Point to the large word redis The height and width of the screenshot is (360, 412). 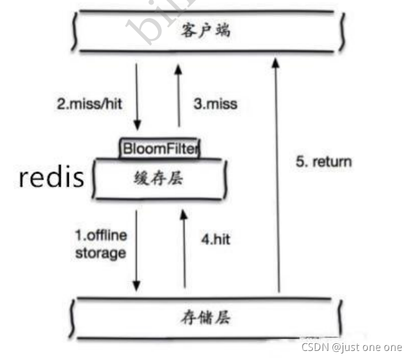coord(52,177)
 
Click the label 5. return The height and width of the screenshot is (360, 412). coord(324,162)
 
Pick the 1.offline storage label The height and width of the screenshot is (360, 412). coord(100,243)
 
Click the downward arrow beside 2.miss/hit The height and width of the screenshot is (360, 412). coord(137,97)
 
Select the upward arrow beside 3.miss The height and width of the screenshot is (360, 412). coord(179,97)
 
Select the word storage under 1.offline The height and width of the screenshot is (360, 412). coord(100,253)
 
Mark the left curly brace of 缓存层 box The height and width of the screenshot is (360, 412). coord(96,178)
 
